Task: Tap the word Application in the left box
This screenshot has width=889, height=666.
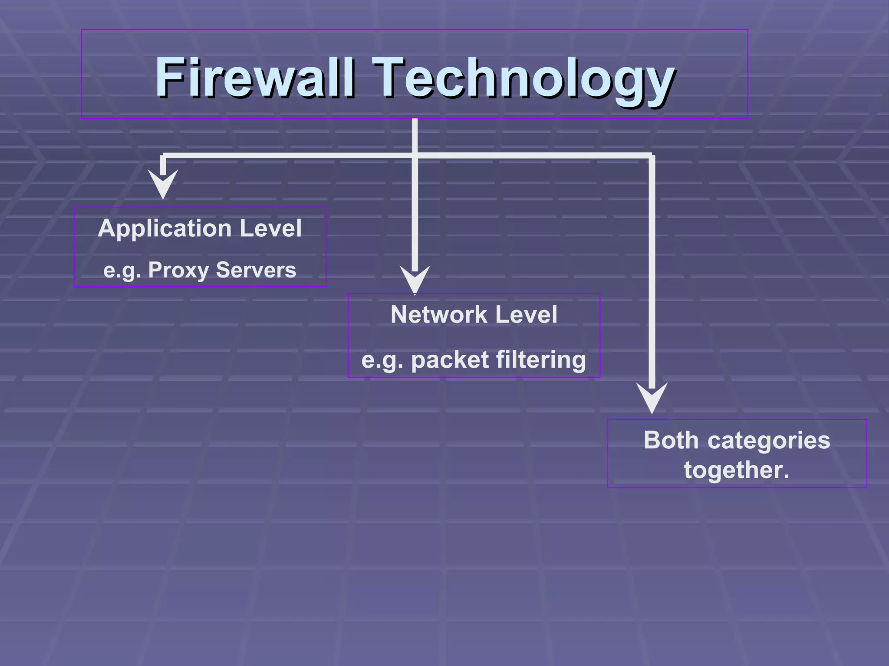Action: (x=165, y=229)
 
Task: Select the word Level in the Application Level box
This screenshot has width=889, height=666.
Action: (x=270, y=228)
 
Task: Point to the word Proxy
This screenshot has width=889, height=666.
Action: (x=178, y=270)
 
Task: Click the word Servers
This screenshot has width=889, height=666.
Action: (x=256, y=270)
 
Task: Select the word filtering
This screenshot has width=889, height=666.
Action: (x=541, y=360)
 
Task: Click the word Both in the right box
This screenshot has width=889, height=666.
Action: (x=671, y=440)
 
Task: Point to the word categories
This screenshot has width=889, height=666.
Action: (x=769, y=441)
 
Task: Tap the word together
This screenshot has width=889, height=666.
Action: (x=736, y=470)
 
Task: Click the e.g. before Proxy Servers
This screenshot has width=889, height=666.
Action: (x=122, y=271)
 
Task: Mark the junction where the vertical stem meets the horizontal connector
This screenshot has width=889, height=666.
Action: (x=415, y=156)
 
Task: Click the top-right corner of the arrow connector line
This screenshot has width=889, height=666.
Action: (x=652, y=156)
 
